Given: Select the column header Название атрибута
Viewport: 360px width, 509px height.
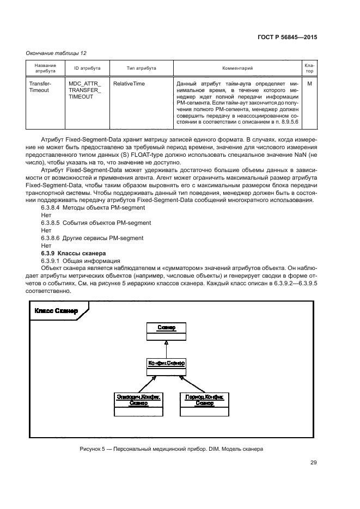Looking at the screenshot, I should coord(46,68).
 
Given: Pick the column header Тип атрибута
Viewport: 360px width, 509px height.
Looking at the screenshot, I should coord(141,68).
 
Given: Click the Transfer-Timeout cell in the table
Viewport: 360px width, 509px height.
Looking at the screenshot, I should coord(39,87).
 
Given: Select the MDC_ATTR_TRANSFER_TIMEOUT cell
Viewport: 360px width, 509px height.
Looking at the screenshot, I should coord(82,90).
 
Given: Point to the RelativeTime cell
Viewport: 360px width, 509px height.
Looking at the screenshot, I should coord(129,84).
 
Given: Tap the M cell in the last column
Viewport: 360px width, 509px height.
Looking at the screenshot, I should coord(309,84).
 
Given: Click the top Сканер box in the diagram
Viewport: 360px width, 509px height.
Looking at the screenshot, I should coord(166,330).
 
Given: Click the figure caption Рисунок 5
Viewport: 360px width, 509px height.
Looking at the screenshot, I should coord(171,450).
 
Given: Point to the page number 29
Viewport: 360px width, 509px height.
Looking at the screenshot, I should coord(313,463).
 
